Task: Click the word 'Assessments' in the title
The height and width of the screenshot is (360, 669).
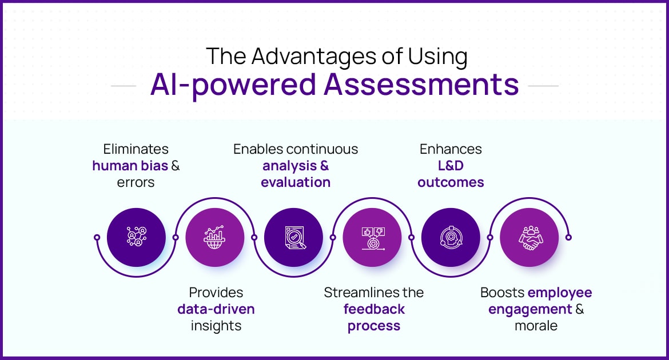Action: (421, 84)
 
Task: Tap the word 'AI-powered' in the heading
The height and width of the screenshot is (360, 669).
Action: (233, 84)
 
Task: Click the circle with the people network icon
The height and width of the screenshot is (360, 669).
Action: (136, 237)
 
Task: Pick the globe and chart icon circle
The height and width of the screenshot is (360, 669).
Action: (215, 237)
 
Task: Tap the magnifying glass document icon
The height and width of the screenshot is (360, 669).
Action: (293, 237)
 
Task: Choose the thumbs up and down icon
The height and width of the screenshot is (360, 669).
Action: (372, 237)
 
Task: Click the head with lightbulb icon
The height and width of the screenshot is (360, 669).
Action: (451, 237)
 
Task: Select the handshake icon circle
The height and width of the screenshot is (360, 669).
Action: (529, 237)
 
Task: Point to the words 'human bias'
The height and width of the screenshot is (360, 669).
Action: (130, 166)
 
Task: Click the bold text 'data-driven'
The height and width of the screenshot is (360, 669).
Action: (216, 309)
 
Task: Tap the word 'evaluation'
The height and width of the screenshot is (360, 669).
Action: (296, 182)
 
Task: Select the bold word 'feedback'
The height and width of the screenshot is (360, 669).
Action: (374, 309)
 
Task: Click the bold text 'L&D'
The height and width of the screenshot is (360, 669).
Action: (451, 166)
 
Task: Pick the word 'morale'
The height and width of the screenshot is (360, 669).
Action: (536, 326)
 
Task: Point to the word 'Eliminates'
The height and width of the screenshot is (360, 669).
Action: (136, 149)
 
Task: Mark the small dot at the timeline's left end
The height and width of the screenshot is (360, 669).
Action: (97, 237)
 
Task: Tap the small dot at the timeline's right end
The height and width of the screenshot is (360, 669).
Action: (568, 237)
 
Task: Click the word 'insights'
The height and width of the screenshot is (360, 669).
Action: (216, 326)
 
